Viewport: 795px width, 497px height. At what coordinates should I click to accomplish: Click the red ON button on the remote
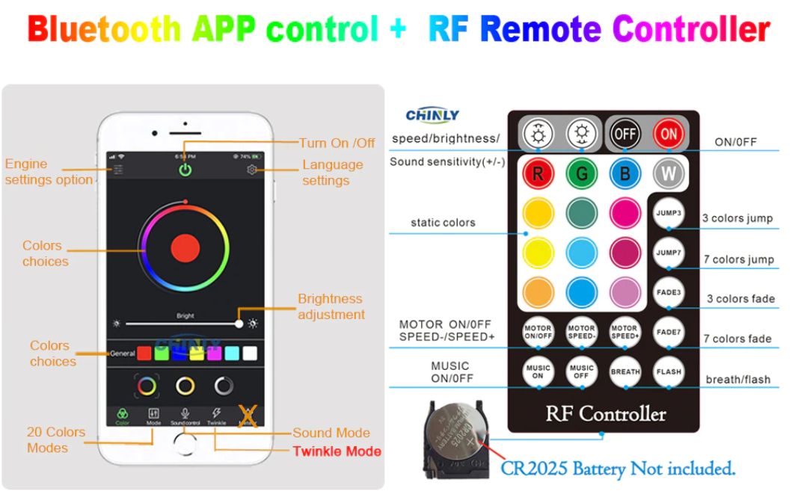pos(668,135)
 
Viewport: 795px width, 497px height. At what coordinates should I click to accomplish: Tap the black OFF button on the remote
pos(625,135)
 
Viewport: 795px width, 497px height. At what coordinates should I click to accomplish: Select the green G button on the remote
pos(580,174)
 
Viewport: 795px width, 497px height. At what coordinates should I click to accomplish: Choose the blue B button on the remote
pos(624,174)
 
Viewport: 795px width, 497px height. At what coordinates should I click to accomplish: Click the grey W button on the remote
pos(668,174)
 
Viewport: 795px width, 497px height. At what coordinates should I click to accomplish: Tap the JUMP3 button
pos(668,213)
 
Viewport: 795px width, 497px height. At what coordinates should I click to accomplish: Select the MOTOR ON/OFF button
pos(537,332)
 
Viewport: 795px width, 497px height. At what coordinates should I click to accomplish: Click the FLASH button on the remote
pos(668,371)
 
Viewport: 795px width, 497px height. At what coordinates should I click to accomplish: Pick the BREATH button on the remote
pos(624,371)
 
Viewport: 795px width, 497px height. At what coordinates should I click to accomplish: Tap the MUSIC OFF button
pos(581,371)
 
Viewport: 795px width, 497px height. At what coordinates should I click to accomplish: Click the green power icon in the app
pos(185,170)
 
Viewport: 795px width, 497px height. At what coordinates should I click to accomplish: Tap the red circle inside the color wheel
pos(185,247)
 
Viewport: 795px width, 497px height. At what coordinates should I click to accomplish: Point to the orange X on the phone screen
pos(248,416)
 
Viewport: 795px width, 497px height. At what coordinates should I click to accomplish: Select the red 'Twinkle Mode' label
pos(337,451)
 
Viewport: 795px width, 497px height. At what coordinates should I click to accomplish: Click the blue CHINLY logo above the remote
pos(432,115)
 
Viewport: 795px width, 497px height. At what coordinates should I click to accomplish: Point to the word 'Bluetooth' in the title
pos(104,30)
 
